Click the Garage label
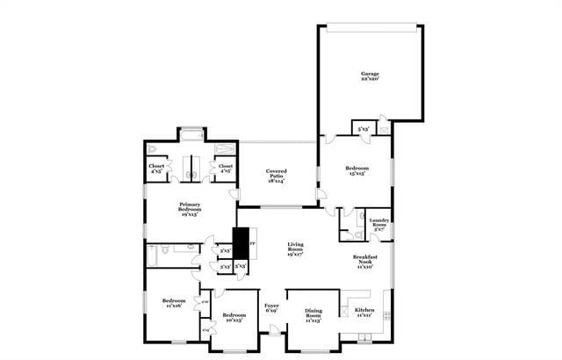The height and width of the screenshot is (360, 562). (370, 76)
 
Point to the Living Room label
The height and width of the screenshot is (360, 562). (294, 251)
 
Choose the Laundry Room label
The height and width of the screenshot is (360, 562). (379, 225)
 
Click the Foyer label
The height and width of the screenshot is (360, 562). (271, 309)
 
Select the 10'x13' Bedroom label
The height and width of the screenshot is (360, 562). (234, 318)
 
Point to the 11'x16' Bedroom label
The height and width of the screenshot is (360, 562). (174, 305)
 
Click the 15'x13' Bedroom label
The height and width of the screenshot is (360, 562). (356, 170)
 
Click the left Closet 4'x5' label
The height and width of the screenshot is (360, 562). (156, 168)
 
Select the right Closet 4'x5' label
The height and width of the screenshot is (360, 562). (225, 168)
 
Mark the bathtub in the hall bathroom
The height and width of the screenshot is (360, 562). (155, 255)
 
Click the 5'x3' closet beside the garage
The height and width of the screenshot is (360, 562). (363, 130)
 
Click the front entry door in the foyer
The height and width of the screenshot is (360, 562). (276, 331)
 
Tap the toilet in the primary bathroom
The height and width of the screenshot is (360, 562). (152, 149)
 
